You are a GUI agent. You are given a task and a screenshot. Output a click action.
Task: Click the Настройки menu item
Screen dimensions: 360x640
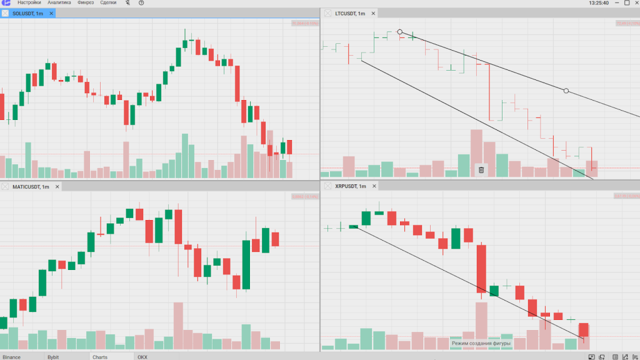coord(29,3)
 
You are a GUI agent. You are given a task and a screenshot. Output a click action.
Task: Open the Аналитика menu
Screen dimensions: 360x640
coord(59,3)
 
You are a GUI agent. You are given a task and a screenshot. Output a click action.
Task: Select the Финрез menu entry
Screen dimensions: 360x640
coord(86,3)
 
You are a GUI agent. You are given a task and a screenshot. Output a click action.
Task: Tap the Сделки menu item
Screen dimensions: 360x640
coord(108,3)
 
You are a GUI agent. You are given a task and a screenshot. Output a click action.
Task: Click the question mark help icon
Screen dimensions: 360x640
coord(141,3)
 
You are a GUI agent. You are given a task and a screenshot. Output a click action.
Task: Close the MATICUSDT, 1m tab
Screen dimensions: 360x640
coord(57,187)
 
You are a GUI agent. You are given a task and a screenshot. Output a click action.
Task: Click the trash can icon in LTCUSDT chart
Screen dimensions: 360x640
coord(481,169)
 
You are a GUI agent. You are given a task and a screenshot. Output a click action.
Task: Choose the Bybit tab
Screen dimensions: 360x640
coord(53,357)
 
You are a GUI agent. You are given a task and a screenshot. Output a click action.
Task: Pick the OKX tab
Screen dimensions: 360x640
coord(142,357)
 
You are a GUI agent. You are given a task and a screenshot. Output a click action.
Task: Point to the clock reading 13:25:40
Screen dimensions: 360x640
coord(598,3)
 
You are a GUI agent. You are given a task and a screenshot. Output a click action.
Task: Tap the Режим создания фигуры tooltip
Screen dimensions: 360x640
coord(481,343)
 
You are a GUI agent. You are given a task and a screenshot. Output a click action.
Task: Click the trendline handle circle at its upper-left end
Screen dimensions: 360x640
coord(400,32)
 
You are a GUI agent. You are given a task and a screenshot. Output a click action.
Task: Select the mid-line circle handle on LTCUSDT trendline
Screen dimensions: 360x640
coord(566,91)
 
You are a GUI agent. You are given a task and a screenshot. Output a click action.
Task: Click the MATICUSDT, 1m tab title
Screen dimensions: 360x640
coord(31,187)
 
